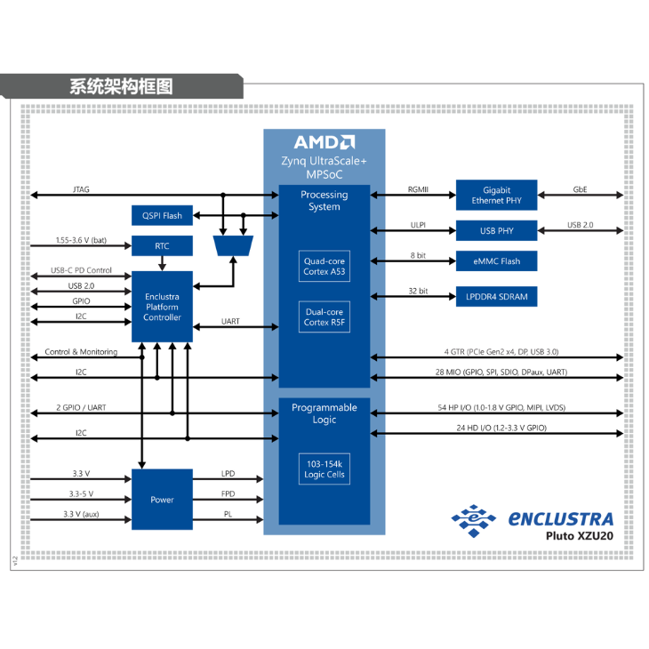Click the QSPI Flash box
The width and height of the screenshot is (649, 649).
click(x=162, y=215)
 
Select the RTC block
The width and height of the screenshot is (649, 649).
click(x=162, y=246)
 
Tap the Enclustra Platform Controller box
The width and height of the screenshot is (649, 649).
click(x=162, y=307)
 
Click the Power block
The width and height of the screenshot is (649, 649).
click(x=162, y=500)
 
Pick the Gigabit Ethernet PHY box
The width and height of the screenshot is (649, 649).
click(x=497, y=196)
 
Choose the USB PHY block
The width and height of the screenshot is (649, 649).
click(x=497, y=231)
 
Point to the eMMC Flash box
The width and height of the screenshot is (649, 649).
click(x=497, y=261)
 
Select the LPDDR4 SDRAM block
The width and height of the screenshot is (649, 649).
click(x=497, y=296)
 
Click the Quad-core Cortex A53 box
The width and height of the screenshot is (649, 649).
click(x=324, y=267)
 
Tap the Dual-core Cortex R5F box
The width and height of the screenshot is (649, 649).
click(x=324, y=317)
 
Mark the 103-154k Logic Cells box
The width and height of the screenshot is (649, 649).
click(x=324, y=470)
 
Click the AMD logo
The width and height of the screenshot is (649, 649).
click(x=324, y=142)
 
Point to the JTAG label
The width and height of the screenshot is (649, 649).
click(x=81, y=189)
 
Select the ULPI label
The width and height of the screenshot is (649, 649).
click(x=418, y=225)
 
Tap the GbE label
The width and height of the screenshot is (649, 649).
click(x=580, y=188)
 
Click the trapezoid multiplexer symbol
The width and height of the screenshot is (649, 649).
click(x=234, y=244)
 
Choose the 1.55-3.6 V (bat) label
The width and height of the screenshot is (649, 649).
click(x=81, y=240)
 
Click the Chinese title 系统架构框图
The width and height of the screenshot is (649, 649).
click(x=121, y=86)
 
